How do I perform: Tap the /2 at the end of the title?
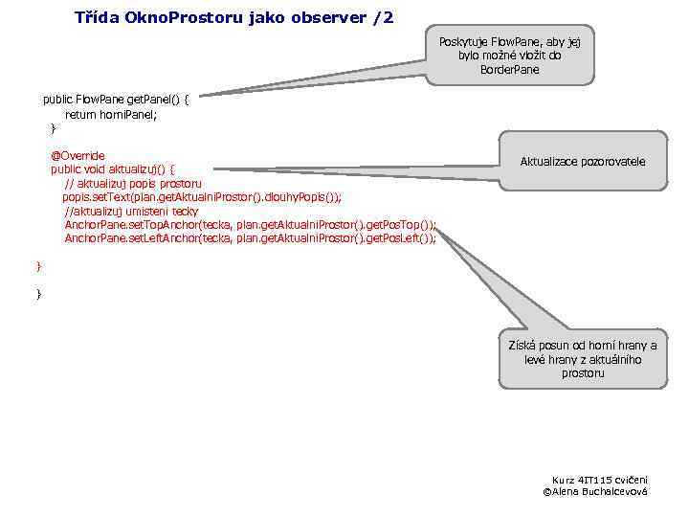pyautogui.click(x=380, y=18)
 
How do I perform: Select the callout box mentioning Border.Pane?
pyautogui.click(x=509, y=56)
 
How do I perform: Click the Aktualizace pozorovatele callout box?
pyautogui.click(x=582, y=161)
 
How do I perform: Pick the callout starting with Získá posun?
pyautogui.click(x=582, y=359)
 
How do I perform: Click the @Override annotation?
pyautogui.click(x=78, y=155)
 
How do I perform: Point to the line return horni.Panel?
pyautogui.click(x=110, y=114)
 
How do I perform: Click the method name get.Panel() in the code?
pyautogui.click(x=149, y=100)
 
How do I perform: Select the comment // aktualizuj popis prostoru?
pyautogui.click(x=132, y=183)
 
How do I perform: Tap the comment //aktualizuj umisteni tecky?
pyautogui.click(x=131, y=211)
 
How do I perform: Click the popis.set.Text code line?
pyautogui.click(x=201, y=197)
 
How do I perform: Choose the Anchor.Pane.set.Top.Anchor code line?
pyautogui.click(x=249, y=225)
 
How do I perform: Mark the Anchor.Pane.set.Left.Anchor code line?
pyautogui.click(x=249, y=238)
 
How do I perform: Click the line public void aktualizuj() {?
pyautogui.click(x=112, y=169)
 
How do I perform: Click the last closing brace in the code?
pyautogui.click(x=39, y=294)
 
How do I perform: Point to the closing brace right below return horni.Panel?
pyautogui.click(x=53, y=127)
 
